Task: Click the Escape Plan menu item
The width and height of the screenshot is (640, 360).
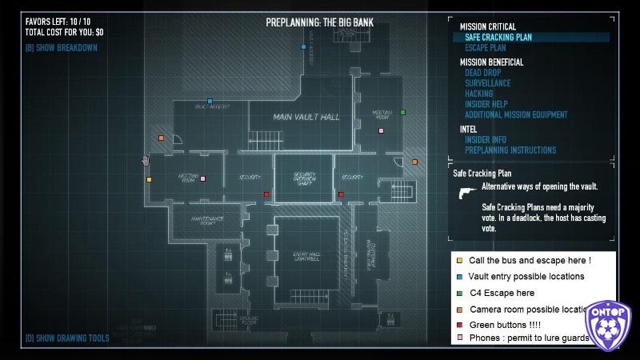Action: [x=485, y=48]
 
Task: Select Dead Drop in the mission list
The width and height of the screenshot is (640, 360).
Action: [x=482, y=73]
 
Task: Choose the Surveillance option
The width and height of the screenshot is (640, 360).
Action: [x=487, y=83]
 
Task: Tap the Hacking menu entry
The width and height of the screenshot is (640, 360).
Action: [x=478, y=94]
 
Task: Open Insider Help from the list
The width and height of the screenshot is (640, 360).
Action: [x=486, y=104]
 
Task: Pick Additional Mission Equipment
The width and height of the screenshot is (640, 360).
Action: [x=516, y=114]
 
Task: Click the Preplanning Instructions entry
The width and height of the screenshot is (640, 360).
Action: [x=510, y=150]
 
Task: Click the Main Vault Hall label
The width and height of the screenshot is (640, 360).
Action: [x=306, y=118]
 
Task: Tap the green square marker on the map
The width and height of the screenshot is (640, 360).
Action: [x=402, y=112]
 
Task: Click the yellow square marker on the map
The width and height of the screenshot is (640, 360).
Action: [x=149, y=179]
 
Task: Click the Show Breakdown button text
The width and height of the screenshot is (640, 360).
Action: [x=61, y=47]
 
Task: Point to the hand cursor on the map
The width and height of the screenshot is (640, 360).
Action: [x=145, y=161]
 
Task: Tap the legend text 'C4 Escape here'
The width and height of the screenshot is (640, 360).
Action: [x=502, y=293]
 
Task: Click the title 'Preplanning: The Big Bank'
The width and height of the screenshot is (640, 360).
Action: [x=319, y=22]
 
